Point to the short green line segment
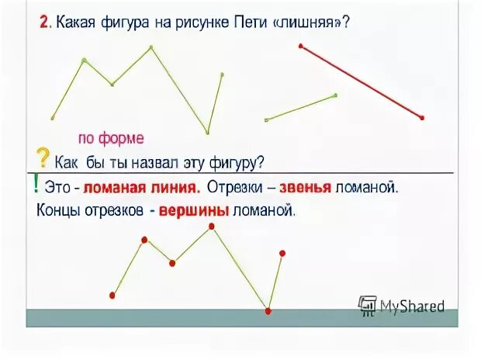[301, 108]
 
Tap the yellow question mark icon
[43, 157]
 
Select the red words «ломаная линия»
[142, 187]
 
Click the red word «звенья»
[306, 187]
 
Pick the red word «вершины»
[193, 209]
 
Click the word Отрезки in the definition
[234, 187]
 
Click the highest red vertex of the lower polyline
[212, 227]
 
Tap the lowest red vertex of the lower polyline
[268, 311]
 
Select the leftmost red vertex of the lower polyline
[113, 295]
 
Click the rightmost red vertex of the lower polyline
[282, 253]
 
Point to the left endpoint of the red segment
[301, 47]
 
